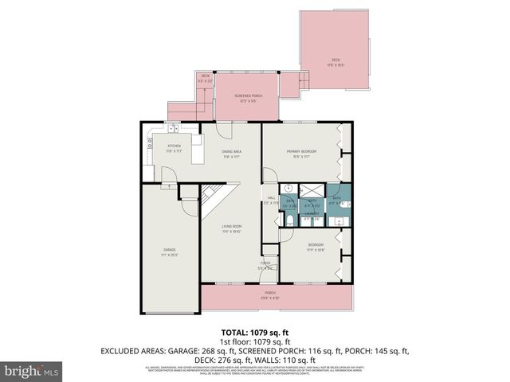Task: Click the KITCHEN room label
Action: [174, 146]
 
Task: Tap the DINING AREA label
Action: [232, 151]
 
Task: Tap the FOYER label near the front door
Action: [265, 263]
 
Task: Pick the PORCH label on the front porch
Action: [270, 292]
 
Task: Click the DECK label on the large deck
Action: [335, 60]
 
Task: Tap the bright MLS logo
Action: [32, 371]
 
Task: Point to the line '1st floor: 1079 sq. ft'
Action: [255, 341]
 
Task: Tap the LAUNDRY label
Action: [312, 213]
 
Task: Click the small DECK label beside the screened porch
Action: [205, 76]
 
